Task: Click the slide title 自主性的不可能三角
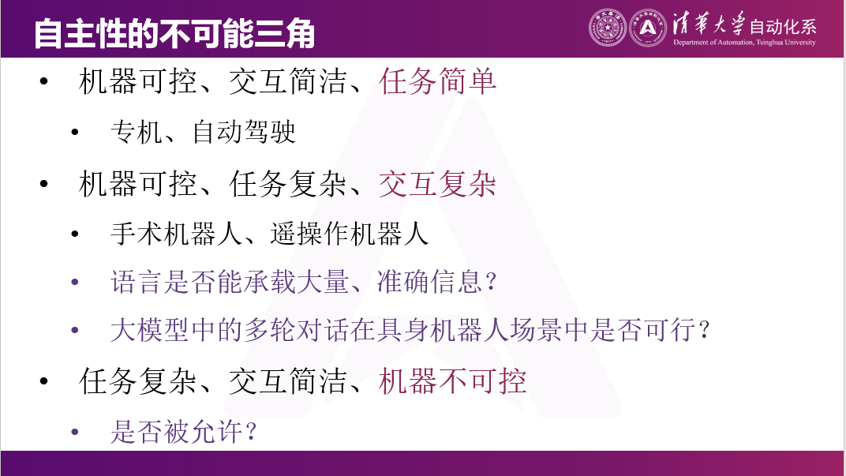(174, 34)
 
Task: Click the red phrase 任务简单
(438, 81)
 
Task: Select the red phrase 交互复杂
(438, 185)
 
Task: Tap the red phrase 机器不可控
(453, 382)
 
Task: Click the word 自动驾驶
(244, 132)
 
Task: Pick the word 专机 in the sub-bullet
(137, 132)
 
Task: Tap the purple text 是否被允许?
(185, 432)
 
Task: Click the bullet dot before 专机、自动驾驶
(75, 132)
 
